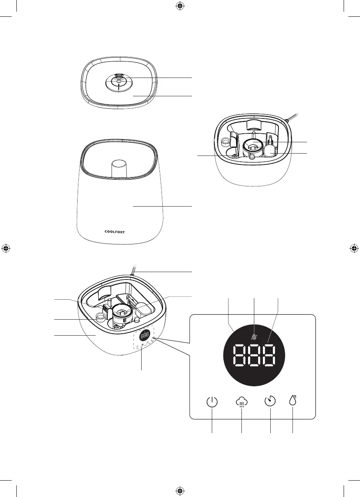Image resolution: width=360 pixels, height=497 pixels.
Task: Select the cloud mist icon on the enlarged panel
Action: (242, 402)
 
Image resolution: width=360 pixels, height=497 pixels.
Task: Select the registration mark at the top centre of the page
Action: (180, 5)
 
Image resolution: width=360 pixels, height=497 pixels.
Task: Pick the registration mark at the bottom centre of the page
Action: (180, 490)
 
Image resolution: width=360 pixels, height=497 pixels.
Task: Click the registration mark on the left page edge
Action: (5, 248)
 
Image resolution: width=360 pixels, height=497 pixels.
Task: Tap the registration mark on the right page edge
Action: (354, 248)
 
